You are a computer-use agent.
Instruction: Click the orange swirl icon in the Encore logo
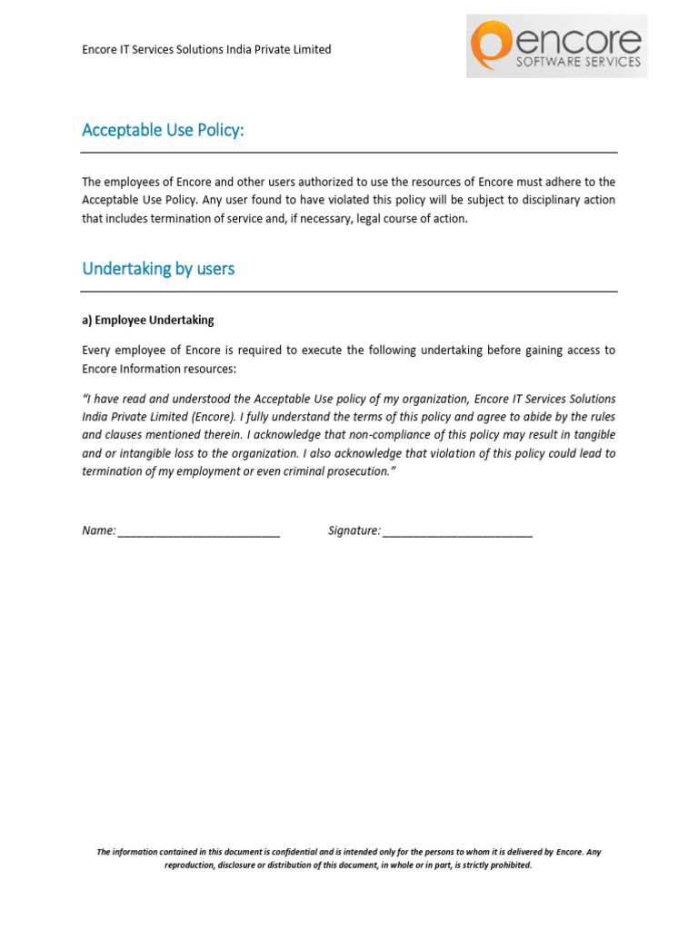(x=492, y=45)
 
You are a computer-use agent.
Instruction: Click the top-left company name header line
(x=206, y=50)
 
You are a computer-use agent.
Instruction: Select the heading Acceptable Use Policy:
(x=163, y=131)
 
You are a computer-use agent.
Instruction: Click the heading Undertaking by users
(x=158, y=269)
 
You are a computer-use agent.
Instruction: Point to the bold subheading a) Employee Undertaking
(x=148, y=321)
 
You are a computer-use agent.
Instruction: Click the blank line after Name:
(x=198, y=532)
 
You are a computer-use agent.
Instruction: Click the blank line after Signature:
(x=457, y=532)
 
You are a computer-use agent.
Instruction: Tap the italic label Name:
(x=98, y=530)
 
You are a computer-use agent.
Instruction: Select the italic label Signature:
(x=354, y=530)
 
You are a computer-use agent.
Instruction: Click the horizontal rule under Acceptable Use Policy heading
(x=349, y=153)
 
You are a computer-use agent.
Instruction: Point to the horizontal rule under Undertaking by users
(x=349, y=292)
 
